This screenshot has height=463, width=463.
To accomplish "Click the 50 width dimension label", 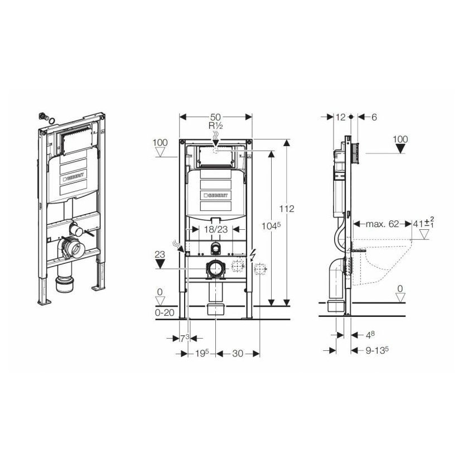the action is pos(215,117).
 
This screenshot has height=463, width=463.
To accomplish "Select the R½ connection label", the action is pos(216,126).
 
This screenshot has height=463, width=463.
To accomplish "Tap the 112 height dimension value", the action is pos(287,209).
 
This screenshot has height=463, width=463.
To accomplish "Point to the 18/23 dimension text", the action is pos(216,229).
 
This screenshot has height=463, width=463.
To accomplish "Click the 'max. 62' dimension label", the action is pos(382,224).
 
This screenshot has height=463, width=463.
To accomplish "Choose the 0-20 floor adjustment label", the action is pos(165,312).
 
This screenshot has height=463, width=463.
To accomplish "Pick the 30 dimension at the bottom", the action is pos(238,354).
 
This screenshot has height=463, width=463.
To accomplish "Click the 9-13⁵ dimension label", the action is pos(377,350).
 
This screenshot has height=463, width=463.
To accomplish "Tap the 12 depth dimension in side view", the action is pos(340,117).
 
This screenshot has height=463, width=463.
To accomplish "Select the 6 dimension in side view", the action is pos(374,117).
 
